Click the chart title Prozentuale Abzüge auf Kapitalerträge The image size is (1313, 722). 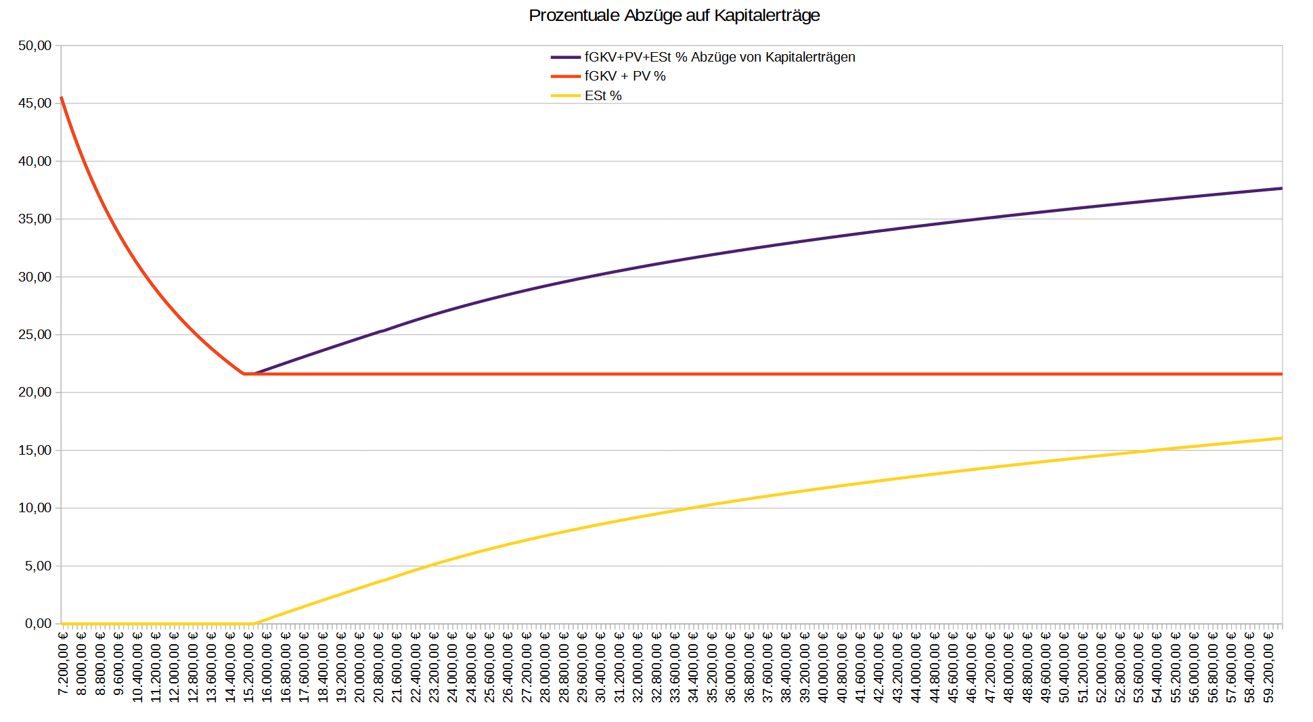coord(673,16)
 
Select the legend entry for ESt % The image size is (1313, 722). coord(602,96)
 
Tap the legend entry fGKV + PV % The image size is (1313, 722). coord(625,76)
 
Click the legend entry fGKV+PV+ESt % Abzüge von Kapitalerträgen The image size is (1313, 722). coord(719,58)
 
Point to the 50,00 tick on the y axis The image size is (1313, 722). coord(35,46)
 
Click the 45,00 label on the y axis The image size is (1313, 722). coord(35,104)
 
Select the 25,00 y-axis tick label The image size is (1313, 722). coord(35,335)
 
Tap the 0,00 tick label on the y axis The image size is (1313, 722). coord(38,624)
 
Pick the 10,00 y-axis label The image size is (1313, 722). coord(35,508)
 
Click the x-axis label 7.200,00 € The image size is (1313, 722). coord(63,667)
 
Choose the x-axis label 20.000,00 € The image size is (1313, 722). coord(360,667)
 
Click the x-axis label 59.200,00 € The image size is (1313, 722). coord(1269,667)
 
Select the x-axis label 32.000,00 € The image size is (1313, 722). coord(638,667)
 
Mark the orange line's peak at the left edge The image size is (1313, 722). coord(62,98)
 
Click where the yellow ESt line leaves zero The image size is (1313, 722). coord(254,623)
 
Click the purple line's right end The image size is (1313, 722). coord(1281,188)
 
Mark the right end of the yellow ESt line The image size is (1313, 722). coord(1281,438)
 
